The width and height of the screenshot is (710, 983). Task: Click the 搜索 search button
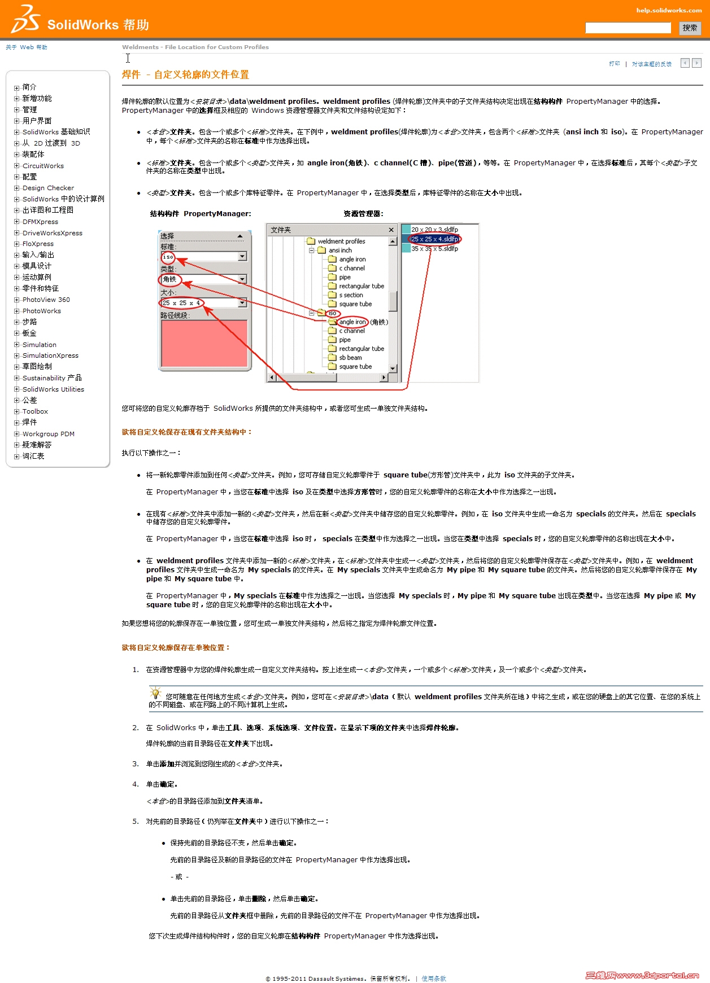689,28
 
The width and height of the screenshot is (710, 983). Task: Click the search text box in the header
628,28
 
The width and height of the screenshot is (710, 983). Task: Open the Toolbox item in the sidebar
35,411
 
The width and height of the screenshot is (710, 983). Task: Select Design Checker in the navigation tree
48,188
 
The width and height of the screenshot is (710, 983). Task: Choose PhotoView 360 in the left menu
46,300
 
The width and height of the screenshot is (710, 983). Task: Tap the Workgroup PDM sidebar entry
48,434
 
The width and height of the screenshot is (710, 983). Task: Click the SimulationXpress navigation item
50,356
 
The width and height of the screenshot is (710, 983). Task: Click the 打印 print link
614,64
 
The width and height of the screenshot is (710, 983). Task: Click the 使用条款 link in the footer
434,978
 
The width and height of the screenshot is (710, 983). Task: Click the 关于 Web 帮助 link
27,47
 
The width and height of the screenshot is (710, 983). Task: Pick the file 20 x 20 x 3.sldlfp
434,230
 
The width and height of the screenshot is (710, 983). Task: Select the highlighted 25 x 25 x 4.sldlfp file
434,239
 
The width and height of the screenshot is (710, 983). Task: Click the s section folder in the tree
351,295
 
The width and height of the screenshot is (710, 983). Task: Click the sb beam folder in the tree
350,358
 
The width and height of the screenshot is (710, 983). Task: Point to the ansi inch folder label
340,251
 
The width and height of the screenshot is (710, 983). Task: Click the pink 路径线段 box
204,343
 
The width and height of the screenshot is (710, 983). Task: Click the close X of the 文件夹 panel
391,230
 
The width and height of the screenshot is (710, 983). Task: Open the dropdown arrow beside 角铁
242,279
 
